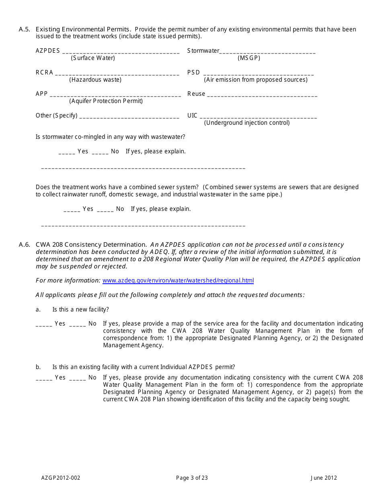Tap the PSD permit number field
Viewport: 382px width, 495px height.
258,74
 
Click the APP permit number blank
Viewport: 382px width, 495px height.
115,95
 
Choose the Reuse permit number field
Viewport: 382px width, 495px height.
262,95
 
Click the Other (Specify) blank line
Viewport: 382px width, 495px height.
129,117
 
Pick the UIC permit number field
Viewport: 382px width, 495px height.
258,117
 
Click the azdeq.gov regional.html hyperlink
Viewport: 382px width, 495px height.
178,280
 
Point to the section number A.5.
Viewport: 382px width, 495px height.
24,29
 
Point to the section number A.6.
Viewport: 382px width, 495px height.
24,245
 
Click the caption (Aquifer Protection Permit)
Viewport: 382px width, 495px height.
106,101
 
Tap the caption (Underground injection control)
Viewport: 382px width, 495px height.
246,123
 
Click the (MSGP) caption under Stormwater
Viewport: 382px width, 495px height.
249,58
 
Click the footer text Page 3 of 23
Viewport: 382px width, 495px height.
192,478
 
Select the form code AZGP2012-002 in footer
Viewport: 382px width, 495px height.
61,478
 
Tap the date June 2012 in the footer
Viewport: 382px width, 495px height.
323,478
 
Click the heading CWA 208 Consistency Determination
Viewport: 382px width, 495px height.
91,245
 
